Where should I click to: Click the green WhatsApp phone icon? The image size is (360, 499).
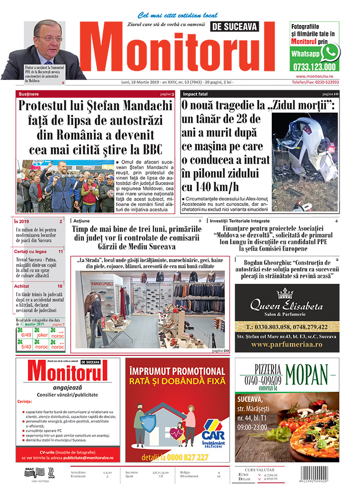point(330,52)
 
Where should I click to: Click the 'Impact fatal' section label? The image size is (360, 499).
point(195,94)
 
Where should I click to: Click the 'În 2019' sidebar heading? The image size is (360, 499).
point(22,222)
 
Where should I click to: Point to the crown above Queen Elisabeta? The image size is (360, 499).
point(286,293)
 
